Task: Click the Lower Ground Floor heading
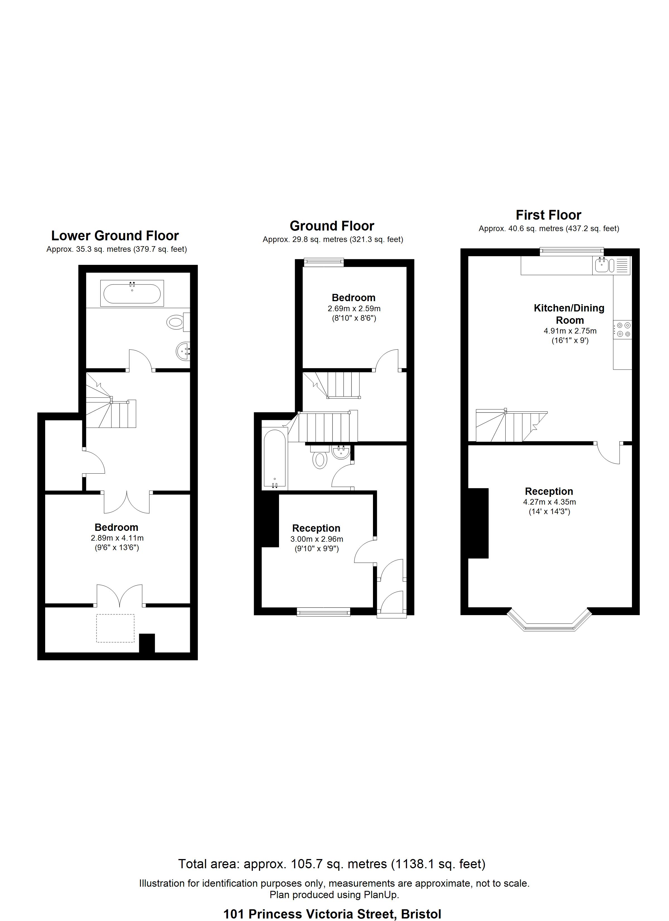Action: pos(115,236)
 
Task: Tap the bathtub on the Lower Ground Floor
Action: pos(132,293)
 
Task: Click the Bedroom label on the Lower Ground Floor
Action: pos(117,527)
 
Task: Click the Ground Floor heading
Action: pos(332,226)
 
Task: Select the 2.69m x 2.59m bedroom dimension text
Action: pos(354,309)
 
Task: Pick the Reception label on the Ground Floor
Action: pos(316,528)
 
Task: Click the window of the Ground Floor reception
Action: pos(323,611)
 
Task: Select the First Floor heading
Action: pos(549,215)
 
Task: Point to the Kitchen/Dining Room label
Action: pos(569,314)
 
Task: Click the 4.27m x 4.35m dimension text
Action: pos(549,502)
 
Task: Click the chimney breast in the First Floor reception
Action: pos(478,523)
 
